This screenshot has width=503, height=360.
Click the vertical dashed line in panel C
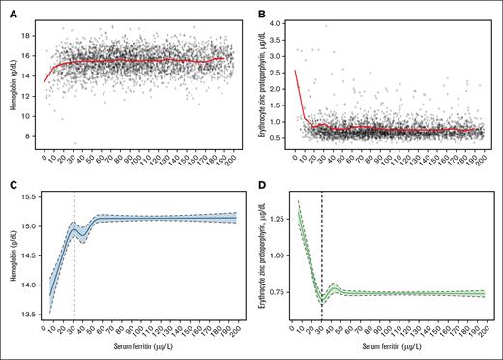pyautogui.click(x=74, y=261)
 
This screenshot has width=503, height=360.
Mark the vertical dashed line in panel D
pyautogui.click(x=322, y=261)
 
